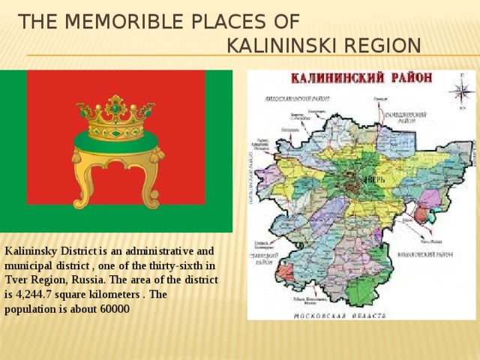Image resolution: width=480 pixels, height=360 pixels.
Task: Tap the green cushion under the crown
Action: [x=117, y=139]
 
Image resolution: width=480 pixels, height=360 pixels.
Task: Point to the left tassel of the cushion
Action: [x=76, y=156]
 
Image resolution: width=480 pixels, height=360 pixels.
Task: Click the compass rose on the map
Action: [x=459, y=90]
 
